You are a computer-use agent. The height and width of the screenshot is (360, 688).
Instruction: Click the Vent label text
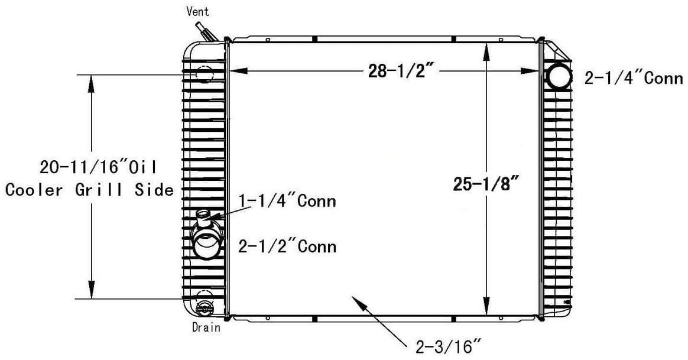tap(197, 11)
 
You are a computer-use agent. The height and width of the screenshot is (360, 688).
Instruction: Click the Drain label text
tap(206, 327)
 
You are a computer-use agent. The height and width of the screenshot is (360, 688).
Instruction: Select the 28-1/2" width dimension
tap(398, 71)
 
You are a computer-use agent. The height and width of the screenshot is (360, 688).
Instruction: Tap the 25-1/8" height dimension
tap(486, 184)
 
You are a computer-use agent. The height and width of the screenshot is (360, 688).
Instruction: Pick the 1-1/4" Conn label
tap(287, 201)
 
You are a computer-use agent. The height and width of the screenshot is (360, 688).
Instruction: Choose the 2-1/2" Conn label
tap(287, 247)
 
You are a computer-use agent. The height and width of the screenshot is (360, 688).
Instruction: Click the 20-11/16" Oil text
tap(98, 167)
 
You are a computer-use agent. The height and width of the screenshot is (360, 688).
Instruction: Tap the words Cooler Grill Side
tap(89, 190)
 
